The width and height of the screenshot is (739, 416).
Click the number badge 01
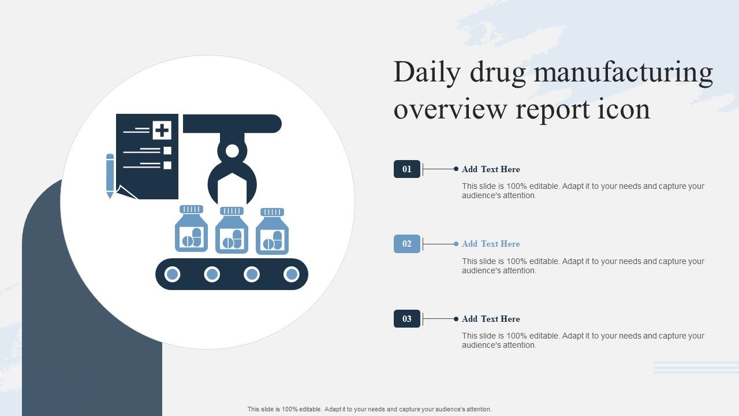point(407,169)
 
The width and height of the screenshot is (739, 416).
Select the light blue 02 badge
point(407,244)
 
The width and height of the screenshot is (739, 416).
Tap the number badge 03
point(407,318)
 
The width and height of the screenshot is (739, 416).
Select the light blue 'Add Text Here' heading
point(491,244)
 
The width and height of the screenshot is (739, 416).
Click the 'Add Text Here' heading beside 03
point(491,319)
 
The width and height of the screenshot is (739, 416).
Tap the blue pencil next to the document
point(110,176)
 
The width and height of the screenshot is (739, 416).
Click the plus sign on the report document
point(162,130)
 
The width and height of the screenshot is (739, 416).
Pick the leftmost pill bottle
point(191,228)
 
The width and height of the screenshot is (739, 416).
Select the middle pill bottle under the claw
point(232,230)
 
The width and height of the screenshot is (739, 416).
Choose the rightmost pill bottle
point(272,231)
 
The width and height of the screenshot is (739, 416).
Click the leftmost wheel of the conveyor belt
point(172,274)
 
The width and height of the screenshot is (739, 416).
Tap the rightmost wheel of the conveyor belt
point(292,274)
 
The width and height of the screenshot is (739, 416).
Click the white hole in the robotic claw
point(232,151)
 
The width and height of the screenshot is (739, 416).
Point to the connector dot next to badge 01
point(456,169)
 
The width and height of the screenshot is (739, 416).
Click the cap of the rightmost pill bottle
point(272,212)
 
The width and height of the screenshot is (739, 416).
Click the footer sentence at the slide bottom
point(369,409)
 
